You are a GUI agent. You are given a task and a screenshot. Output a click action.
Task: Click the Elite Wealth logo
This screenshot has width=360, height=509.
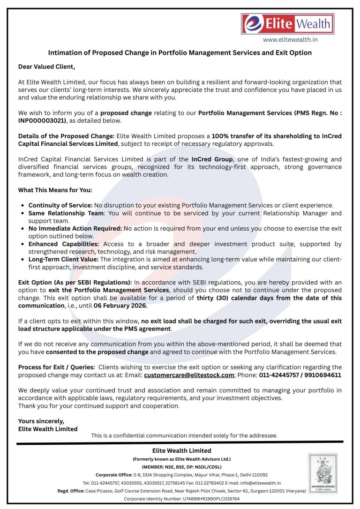point(286,23)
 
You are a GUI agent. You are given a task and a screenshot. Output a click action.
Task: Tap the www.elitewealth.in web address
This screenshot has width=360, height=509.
point(290,40)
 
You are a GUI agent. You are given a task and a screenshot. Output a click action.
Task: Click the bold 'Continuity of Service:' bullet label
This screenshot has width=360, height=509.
point(60,205)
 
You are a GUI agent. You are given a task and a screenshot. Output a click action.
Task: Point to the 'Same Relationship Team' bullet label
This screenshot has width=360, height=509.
point(65,213)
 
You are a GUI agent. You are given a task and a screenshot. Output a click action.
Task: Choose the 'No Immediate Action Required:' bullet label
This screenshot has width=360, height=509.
point(75,229)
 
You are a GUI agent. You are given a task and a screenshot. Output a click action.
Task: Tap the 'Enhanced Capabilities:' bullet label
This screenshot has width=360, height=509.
point(64,244)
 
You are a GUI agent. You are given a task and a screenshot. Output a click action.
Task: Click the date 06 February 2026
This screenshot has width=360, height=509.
point(120,306)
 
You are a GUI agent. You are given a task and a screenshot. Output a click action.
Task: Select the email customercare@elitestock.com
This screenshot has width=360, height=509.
point(188,375)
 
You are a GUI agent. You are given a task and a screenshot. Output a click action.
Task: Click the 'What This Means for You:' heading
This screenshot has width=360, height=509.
point(55,190)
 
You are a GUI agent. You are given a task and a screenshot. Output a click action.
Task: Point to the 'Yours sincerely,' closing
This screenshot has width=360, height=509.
point(41,421)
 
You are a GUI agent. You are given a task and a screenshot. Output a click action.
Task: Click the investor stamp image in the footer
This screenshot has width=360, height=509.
point(322,473)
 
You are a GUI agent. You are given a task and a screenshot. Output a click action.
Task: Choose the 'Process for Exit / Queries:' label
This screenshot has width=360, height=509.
point(56,367)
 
